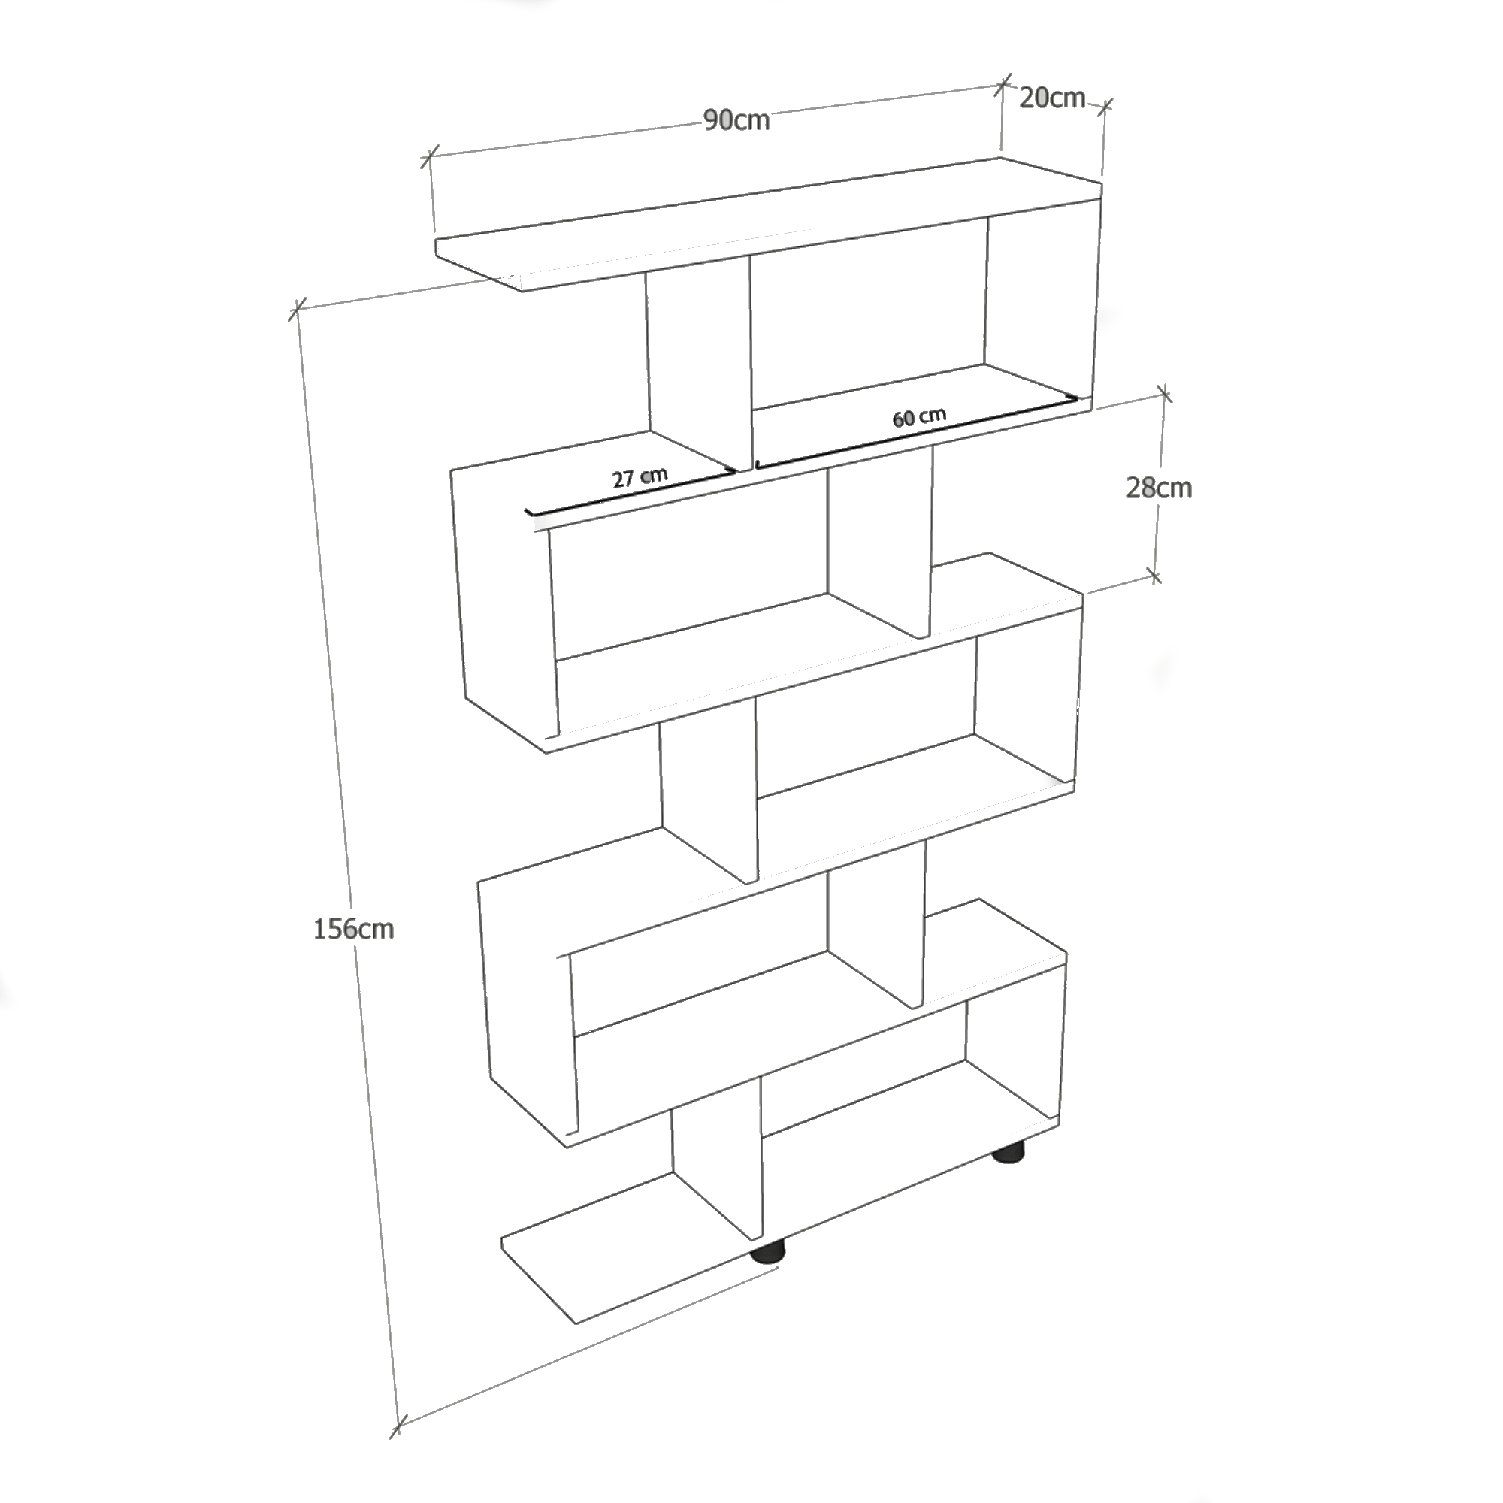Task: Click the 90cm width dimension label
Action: point(736,120)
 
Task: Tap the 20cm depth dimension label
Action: point(1052,98)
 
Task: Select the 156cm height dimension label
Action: point(353,928)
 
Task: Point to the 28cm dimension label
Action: point(1158,488)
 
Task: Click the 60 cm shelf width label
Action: point(919,417)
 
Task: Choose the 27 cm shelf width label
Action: point(640,477)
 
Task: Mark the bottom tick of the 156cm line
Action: point(398,1428)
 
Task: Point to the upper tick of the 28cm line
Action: point(1164,395)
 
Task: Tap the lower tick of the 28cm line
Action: point(1154,576)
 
